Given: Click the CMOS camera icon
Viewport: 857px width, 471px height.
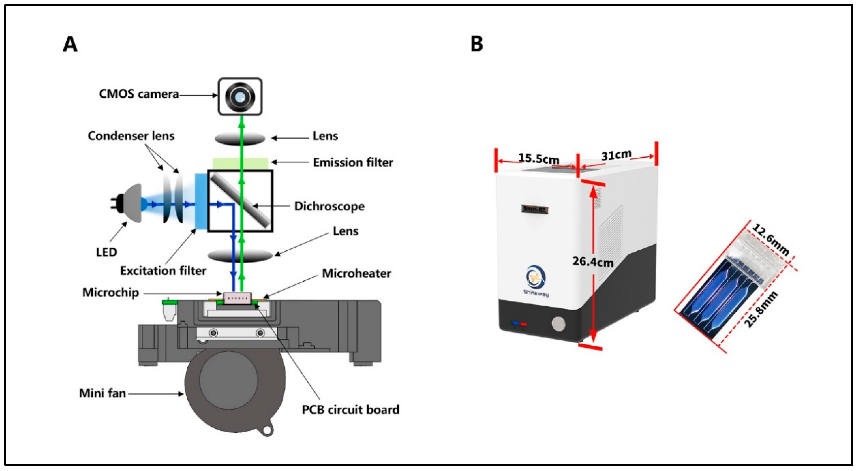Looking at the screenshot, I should point(240,97).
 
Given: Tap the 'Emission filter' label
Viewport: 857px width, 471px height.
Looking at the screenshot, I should point(353,162).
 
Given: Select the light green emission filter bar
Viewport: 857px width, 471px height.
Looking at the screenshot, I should point(240,163).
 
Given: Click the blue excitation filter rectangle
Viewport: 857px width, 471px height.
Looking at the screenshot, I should point(201,201).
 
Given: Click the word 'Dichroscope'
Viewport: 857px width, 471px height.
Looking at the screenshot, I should point(329,206).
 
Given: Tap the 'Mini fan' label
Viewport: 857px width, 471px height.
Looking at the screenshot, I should point(102,393).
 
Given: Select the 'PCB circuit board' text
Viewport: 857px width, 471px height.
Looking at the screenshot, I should point(351,410).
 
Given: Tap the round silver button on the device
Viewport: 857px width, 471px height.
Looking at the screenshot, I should point(558,324).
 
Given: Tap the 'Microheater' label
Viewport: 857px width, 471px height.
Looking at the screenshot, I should point(356,274).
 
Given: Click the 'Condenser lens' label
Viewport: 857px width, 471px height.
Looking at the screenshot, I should point(131,136).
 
